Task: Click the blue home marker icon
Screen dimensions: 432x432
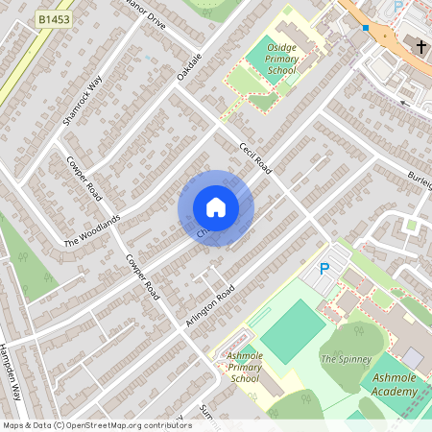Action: tap(216, 207)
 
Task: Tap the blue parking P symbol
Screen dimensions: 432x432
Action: tap(324, 270)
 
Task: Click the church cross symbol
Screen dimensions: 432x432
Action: tap(420, 45)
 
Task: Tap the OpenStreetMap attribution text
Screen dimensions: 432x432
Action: tap(96, 425)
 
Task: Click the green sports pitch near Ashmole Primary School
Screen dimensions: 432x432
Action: tap(293, 331)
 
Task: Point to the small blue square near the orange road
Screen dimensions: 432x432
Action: tap(365, 28)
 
